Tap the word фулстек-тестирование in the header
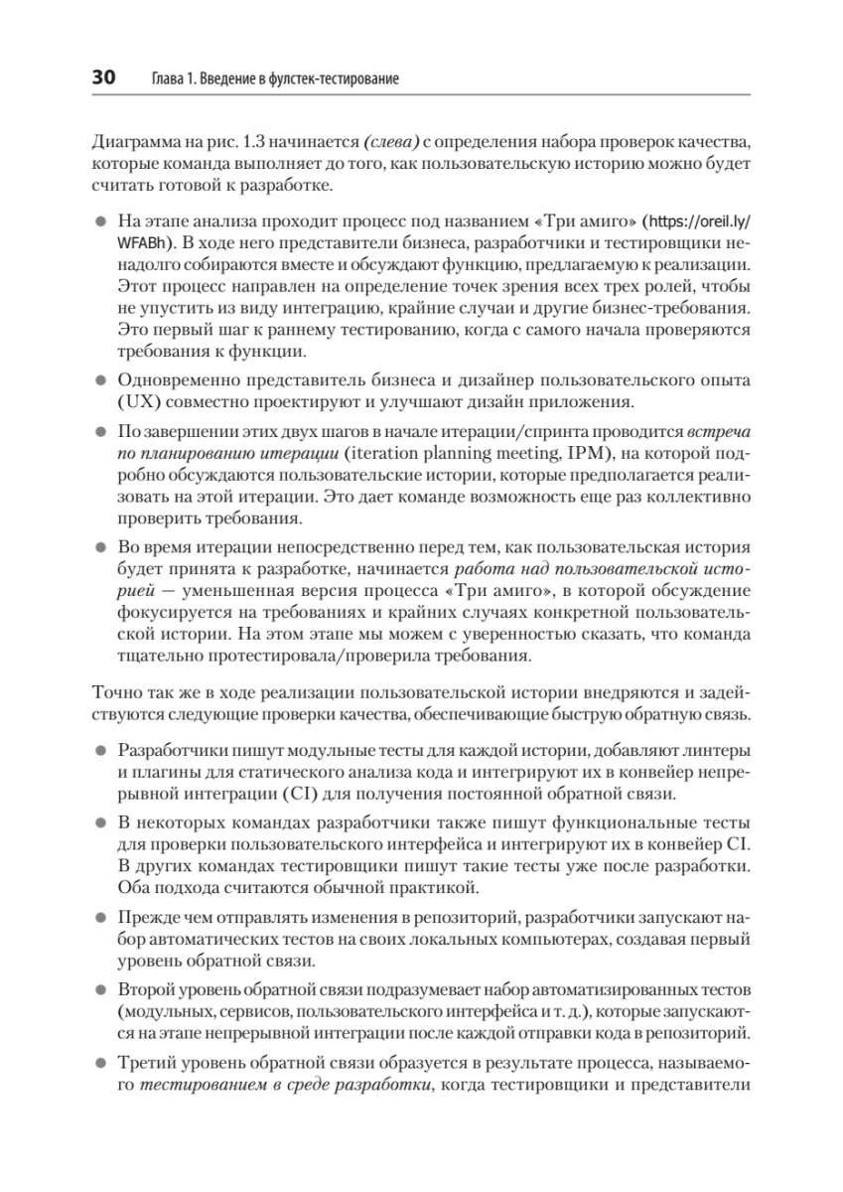pyautogui.click(x=327, y=78)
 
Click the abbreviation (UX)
pyautogui.click(x=136, y=401)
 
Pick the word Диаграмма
pyautogui.click(x=137, y=139)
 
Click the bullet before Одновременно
pyautogui.click(x=100, y=380)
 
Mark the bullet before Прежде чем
pyautogui.click(x=100, y=915)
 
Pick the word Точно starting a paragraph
pyautogui.click(x=114, y=693)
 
